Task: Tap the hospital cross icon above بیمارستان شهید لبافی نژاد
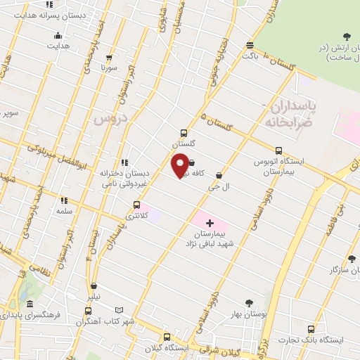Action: (x=210, y=221)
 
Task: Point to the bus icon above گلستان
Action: (x=184, y=132)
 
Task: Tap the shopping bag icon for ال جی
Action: (x=219, y=176)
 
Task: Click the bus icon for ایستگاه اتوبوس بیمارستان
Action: (x=279, y=150)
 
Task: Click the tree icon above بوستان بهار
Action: (x=247, y=303)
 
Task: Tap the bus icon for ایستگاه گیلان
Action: (x=167, y=337)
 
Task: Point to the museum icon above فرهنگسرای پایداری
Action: (x=30, y=304)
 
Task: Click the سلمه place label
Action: (x=65, y=211)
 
